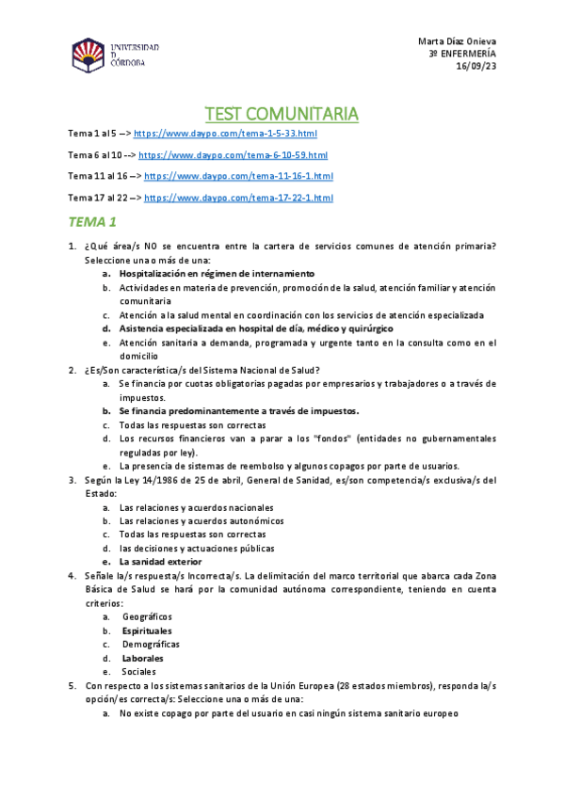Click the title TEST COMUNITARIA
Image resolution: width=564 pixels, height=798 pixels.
click(282, 114)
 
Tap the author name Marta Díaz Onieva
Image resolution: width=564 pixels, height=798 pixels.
click(457, 41)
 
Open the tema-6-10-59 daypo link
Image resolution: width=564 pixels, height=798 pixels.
click(233, 155)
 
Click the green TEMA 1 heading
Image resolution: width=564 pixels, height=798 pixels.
click(92, 223)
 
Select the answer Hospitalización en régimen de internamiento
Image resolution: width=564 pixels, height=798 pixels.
click(216, 273)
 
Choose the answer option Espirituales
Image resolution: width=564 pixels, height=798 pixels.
click(147, 630)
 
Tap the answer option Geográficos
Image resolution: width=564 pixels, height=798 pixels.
click(147, 616)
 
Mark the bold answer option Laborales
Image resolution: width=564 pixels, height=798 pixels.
click(142, 659)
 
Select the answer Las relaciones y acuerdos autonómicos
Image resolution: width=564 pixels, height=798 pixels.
click(201, 520)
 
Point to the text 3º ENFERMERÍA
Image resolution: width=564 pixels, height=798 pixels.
click(462, 54)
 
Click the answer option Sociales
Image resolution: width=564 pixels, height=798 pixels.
click(139, 672)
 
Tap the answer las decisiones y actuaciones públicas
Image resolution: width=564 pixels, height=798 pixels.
click(197, 548)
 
